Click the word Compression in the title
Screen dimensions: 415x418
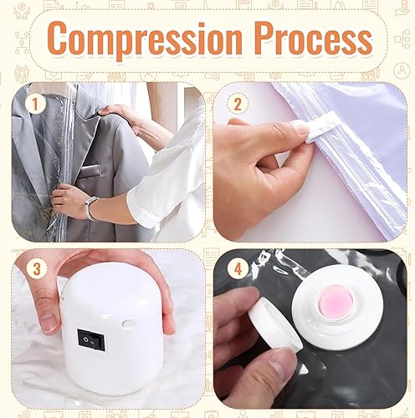[x=145, y=38]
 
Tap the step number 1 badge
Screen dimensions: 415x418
[x=35, y=104]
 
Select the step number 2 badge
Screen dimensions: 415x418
[x=238, y=104]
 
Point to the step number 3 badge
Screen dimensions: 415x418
[x=37, y=269]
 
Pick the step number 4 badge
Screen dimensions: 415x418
[x=238, y=269]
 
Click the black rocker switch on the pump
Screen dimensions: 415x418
[x=90, y=339]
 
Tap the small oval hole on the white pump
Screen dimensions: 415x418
[x=128, y=324]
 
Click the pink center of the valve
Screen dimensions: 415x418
[x=333, y=301]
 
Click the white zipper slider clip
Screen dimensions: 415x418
[x=320, y=125]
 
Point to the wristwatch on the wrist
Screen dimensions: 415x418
[x=92, y=207]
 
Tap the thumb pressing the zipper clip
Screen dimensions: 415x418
[x=265, y=131]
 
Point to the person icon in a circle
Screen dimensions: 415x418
[x=402, y=70]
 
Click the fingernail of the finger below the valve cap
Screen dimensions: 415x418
[x=279, y=363]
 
